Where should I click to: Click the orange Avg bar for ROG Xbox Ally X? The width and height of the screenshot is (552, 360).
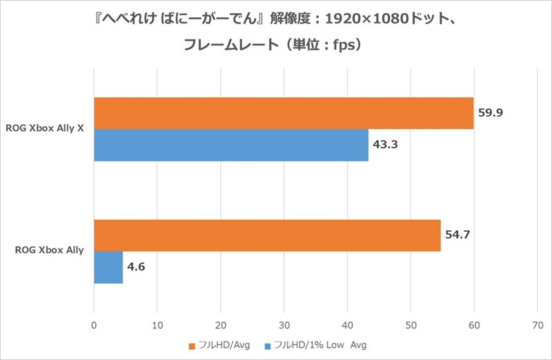[284, 113]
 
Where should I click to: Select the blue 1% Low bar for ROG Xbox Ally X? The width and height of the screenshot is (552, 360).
[230, 146]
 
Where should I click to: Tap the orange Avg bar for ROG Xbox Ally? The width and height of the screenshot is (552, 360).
[267, 235]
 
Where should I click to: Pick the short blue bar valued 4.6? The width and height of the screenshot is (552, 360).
[108, 267]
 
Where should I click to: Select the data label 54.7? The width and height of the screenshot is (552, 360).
[458, 235]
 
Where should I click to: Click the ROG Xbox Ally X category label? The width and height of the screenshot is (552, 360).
[45, 128]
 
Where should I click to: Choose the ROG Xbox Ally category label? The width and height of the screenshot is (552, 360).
[50, 250]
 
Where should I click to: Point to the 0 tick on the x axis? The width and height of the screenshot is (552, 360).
[94, 322]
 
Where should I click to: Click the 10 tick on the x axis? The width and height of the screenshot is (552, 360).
[157, 322]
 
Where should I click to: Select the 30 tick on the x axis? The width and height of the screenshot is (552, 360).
[284, 322]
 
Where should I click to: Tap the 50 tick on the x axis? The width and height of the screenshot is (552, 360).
[411, 322]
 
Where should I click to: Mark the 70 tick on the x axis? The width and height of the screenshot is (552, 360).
[538, 322]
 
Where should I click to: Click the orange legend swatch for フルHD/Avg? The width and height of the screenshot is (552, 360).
[191, 345]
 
